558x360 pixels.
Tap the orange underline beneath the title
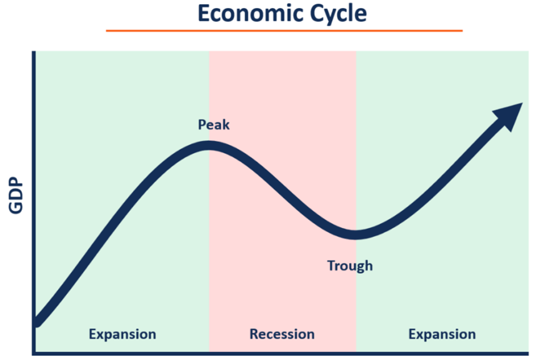coord(284,30)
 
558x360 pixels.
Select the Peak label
coord(214,125)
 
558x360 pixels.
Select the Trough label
coord(350,266)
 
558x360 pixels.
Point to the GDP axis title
coord(16,196)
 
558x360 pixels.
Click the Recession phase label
coord(282,334)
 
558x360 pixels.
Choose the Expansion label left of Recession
coord(122,334)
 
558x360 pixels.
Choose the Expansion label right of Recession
coord(442,334)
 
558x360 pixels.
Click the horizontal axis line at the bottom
coord(281,353)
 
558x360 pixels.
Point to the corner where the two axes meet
coord(33,353)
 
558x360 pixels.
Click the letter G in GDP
coord(16,207)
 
